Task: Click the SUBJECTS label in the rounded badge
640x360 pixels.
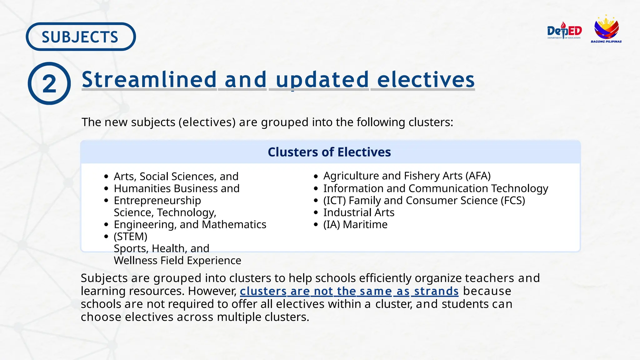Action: [80, 37]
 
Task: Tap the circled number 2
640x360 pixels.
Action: [49, 84]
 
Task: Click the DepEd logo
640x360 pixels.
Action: [564, 31]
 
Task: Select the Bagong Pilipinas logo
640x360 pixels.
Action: [606, 29]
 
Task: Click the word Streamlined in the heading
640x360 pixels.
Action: [149, 79]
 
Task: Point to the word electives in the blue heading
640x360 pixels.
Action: [426, 79]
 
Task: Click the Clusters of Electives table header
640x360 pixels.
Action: [329, 152]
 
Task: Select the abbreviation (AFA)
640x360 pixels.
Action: [478, 176]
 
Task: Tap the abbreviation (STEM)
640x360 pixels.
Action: [130, 237]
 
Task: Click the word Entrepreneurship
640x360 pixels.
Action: [157, 201]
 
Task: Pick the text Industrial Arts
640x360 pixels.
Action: [359, 212]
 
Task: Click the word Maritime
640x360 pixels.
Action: [365, 225]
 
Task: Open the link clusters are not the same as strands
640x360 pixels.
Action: [349, 291]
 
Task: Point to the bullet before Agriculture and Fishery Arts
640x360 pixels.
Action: [316, 177]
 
